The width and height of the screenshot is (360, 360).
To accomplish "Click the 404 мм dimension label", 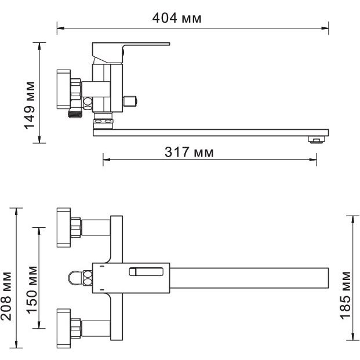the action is (177, 18).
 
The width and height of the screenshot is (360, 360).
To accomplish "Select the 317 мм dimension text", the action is (189, 152).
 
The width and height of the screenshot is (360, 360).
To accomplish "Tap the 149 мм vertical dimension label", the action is (30, 106).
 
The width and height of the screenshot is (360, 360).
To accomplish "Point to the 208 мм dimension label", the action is (6, 296).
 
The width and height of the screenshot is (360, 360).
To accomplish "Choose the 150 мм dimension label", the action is (31, 290).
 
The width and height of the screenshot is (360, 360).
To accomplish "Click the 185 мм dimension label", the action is (346, 295).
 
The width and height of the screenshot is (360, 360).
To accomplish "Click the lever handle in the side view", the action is (131, 52).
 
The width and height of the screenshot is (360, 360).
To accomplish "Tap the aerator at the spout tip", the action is (317, 140).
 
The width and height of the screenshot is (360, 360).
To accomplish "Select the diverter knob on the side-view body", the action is (130, 101).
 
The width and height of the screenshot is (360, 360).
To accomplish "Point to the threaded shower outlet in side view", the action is (75, 113).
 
